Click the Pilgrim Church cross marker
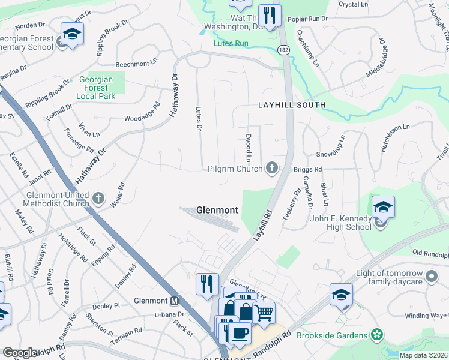pyautogui.click(x=273, y=169)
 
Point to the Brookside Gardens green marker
pyautogui.click(x=377, y=334)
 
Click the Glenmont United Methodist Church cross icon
pyautogui.click(x=99, y=197)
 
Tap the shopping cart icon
pyautogui.click(x=264, y=312)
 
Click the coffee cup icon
pyautogui.click(x=240, y=333)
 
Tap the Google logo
pyautogui.click(x=20, y=353)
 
